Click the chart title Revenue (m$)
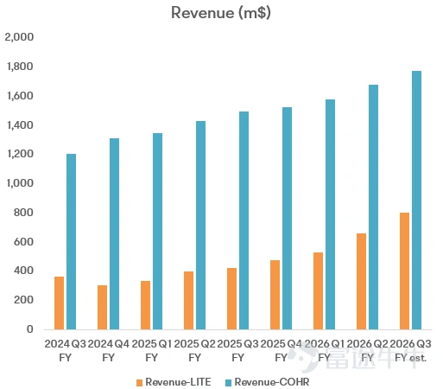(x=221, y=13)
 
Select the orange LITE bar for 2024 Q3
(x=60, y=303)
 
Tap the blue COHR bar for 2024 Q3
(x=72, y=241)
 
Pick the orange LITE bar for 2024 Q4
(x=103, y=307)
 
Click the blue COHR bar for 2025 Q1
(x=158, y=231)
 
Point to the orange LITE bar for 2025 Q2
(x=189, y=300)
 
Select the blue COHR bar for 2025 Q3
(x=244, y=220)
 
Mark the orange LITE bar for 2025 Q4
(x=275, y=295)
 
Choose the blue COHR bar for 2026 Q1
(x=331, y=214)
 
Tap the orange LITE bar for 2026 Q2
(x=362, y=281)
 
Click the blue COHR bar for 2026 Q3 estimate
(x=417, y=200)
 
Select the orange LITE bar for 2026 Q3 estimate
(x=405, y=271)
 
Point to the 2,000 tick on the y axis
(x=19, y=37)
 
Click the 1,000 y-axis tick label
(x=20, y=183)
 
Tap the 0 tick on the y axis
(x=30, y=329)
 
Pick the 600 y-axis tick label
(x=23, y=241)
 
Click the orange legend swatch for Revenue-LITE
(x=140, y=383)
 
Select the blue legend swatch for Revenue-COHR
(x=228, y=383)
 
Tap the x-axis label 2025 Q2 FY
(x=194, y=351)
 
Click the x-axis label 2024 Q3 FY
(x=66, y=351)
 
